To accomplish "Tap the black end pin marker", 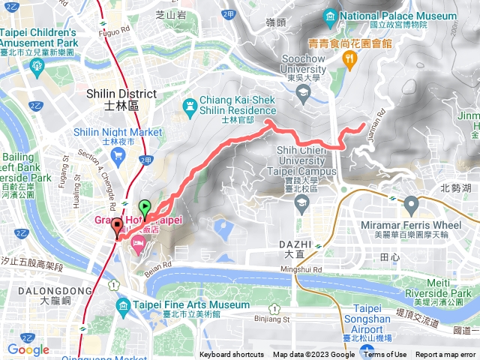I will point(117,226).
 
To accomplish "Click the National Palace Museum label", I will point(397,16).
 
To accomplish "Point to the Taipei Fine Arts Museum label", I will point(192,305).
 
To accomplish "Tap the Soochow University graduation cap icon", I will point(304,92).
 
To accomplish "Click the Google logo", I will point(28,349).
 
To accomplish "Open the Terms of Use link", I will point(385,355).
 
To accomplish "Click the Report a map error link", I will point(445,355).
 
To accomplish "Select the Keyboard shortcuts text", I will point(232,355).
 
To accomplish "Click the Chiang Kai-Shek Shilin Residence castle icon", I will point(188,104).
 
